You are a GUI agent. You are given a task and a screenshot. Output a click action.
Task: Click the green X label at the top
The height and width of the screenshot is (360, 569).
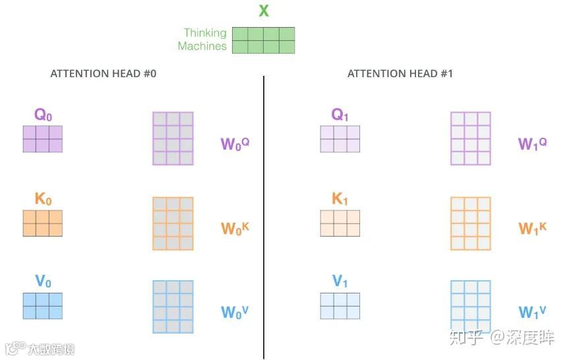(x=264, y=11)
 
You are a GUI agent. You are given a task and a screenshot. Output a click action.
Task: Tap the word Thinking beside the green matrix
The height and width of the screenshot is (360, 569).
(x=204, y=33)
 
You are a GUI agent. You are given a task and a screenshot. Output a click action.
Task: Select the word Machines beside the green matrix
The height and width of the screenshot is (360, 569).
(x=202, y=46)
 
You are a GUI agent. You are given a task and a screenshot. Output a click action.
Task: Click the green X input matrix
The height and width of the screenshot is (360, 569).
(x=263, y=40)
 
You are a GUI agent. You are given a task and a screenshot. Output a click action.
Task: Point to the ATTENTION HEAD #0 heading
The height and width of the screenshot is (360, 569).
(x=104, y=74)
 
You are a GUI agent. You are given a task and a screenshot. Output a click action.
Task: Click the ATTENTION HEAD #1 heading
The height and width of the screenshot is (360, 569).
(x=400, y=74)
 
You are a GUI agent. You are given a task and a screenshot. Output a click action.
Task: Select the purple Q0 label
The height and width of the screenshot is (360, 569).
(x=43, y=115)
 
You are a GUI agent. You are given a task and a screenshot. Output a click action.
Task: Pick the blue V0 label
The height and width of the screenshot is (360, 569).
(x=43, y=282)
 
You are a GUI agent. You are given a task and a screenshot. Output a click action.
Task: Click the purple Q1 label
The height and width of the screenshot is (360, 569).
(x=340, y=115)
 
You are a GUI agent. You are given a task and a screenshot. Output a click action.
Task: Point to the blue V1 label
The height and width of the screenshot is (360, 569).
(x=340, y=282)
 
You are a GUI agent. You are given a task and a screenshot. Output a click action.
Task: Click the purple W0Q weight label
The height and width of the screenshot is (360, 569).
(x=235, y=144)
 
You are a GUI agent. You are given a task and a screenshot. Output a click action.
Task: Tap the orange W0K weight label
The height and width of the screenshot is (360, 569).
(x=235, y=228)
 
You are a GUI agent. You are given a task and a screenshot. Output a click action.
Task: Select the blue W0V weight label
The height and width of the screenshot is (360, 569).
(x=235, y=311)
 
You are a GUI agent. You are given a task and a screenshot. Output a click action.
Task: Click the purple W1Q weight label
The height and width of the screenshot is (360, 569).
(x=532, y=144)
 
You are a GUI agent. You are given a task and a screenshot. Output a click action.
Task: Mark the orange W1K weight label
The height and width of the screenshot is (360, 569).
(x=532, y=228)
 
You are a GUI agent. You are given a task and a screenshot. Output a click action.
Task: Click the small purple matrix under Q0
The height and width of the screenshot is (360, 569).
(x=43, y=138)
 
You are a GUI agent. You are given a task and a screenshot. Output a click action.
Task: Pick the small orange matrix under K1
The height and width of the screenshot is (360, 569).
(x=340, y=223)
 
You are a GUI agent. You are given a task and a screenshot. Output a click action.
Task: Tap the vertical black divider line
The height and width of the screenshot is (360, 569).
(x=264, y=218)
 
